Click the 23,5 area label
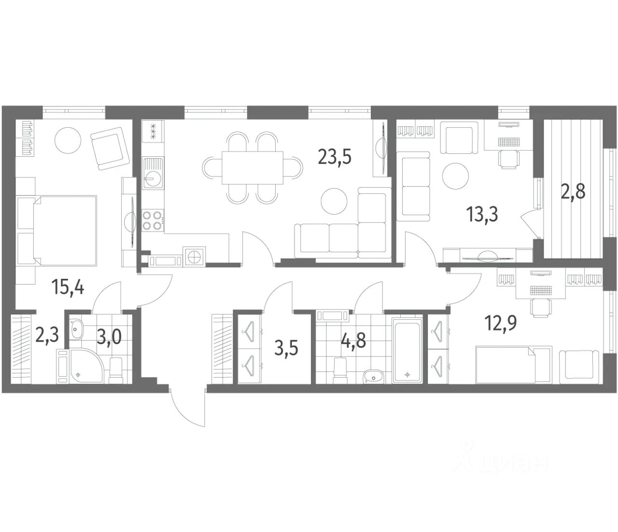pos(334,157)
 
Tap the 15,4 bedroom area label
pos(68,287)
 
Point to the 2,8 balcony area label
pos(573,191)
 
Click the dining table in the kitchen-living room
pos(253,167)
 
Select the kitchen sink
pos(153,173)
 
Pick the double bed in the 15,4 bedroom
pos(65,230)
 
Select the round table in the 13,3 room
pos(455,176)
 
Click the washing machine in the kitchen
pos(195,256)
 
